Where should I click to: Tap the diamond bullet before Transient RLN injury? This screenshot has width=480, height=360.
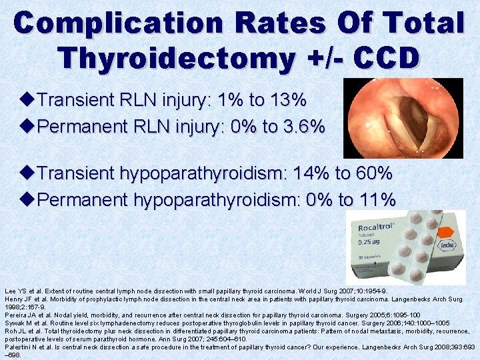[28, 101]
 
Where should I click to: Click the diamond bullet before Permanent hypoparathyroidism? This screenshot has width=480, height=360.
[28, 199]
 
